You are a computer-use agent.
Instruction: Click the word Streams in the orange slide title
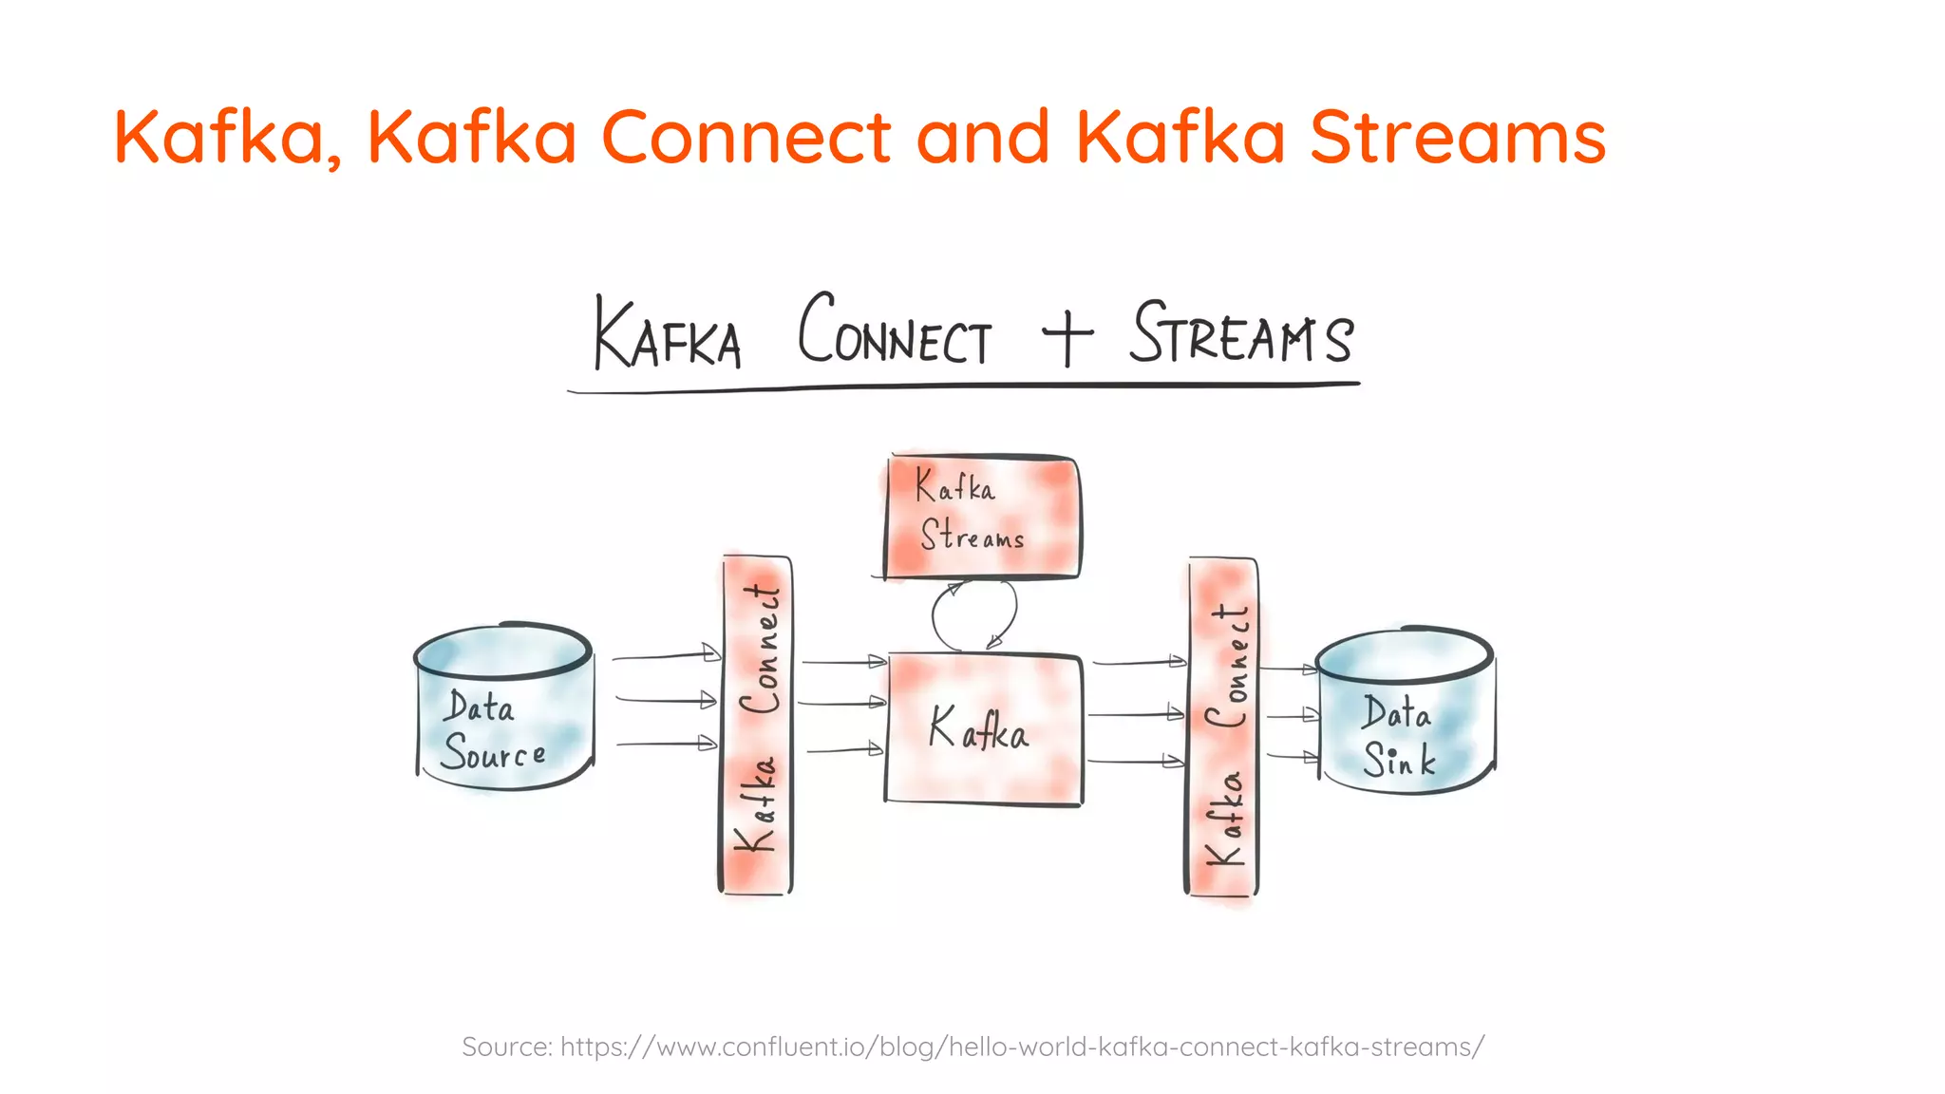1458,137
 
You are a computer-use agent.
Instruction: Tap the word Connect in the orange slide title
746,137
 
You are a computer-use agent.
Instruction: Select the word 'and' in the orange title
983,137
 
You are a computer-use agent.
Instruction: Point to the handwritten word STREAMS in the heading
1240,333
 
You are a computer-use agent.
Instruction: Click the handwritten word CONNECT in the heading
894,332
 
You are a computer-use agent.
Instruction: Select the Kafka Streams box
982,517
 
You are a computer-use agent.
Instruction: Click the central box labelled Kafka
983,728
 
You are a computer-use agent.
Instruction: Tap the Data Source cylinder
504,707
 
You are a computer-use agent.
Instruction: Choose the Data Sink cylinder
1405,712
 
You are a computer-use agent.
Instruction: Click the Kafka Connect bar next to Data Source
756,726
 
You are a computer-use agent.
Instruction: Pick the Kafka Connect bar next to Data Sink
1223,727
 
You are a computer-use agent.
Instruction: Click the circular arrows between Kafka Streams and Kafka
974,615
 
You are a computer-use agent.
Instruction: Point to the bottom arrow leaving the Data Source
666,744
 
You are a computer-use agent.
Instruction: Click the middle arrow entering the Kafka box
842,703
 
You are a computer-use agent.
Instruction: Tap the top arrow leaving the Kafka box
1139,662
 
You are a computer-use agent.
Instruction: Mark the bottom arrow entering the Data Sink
1293,757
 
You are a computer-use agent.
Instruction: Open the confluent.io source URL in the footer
1022,1047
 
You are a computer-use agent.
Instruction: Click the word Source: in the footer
506,1047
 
